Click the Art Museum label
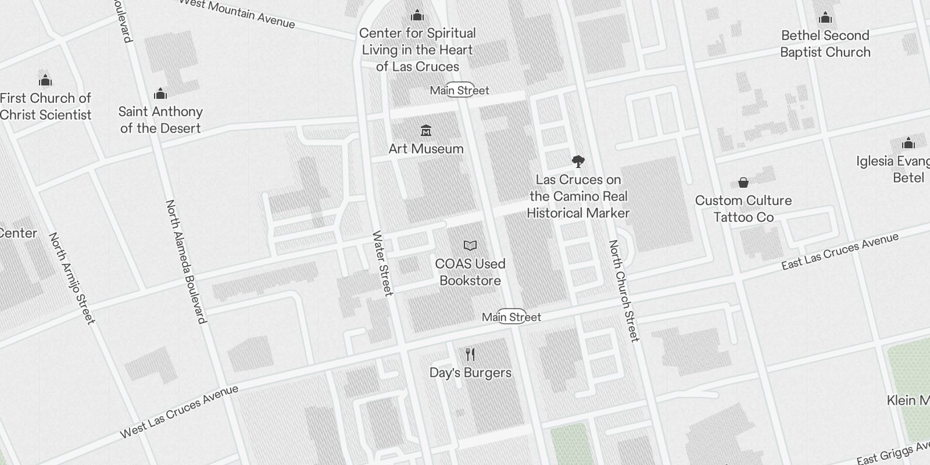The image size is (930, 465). coord(426,149)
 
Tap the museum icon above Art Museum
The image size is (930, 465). coord(426,130)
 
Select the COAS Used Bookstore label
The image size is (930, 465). coord(470,272)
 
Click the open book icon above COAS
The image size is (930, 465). coord(470,246)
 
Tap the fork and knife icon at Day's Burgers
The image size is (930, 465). coord(470,354)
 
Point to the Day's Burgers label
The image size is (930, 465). coord(470,373)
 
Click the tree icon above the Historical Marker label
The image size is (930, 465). coord(578,162)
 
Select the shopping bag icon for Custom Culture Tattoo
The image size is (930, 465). coord(743,183)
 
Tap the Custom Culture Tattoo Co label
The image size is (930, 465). coord(743,209)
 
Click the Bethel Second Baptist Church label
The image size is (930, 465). coord(825,44)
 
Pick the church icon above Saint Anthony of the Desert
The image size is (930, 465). coord(160,94)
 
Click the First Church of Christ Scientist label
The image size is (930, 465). coord(45,106)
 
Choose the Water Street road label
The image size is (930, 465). coord(382,263)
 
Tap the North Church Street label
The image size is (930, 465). coord(623,291)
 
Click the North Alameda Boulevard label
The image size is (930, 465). coord(185,262)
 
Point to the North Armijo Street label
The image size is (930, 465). coord(71,278)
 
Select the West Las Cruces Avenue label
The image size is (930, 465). coord(178,412)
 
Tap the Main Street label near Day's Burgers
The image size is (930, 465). coord(512,317)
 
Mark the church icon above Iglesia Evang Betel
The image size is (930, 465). coord(908,143)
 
